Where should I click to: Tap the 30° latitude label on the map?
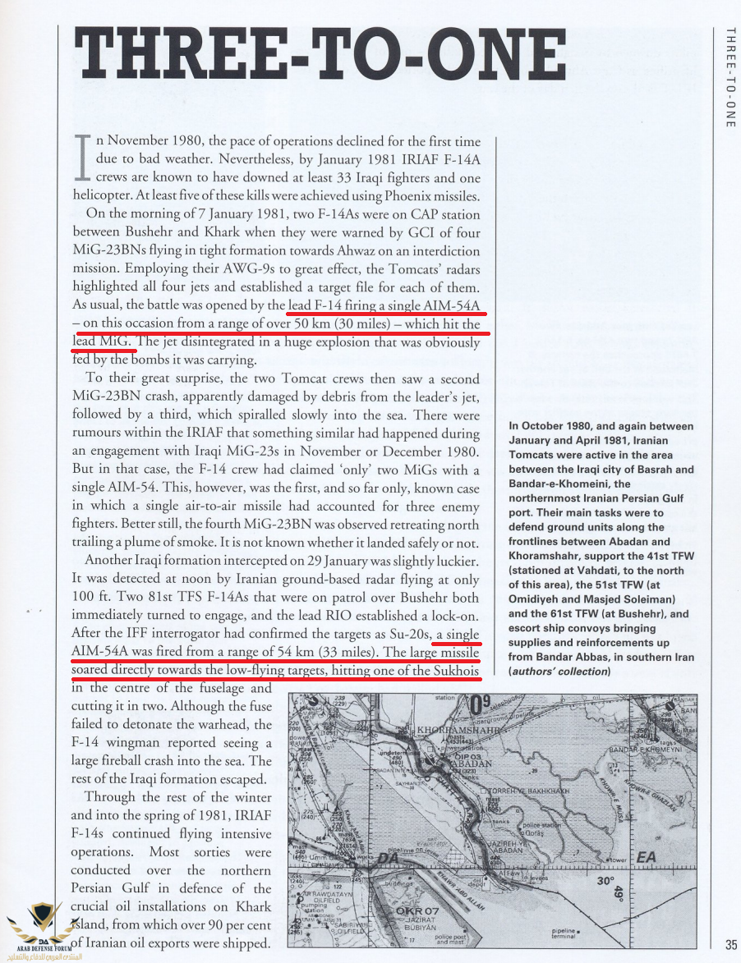coord(606,882)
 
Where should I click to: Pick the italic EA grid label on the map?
coord(647,857)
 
